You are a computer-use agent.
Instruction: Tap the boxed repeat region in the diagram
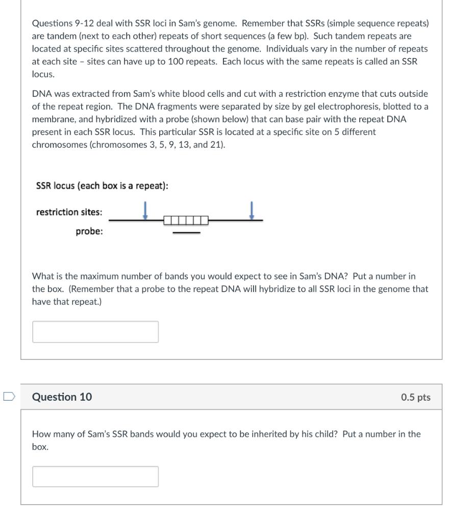186,221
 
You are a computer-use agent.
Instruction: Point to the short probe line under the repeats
186,233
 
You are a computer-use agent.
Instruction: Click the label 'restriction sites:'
69,212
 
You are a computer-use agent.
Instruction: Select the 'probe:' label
89,232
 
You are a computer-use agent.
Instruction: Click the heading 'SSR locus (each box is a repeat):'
102,186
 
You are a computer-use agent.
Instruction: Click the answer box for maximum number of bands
95,332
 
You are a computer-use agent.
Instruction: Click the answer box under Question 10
95,477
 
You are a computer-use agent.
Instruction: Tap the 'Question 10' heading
62,397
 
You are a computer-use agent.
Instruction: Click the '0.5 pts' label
415,398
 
